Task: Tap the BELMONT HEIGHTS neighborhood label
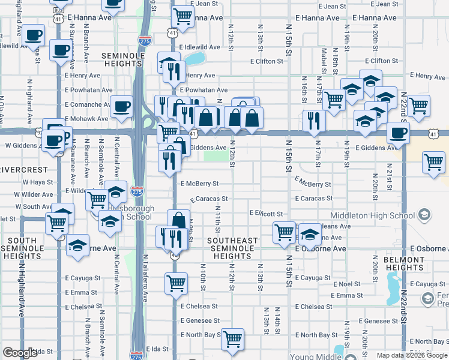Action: [404, 263]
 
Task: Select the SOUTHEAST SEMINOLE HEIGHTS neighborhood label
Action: [232, 248]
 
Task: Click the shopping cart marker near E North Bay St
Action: [232, 339]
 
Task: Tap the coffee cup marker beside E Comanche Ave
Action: [122, 106]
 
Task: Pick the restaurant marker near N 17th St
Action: [313, 120]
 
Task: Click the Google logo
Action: [20, 353]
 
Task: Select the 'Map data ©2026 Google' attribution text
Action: [411, 355]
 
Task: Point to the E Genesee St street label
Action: [200, 321]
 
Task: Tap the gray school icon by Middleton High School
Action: [424, 215]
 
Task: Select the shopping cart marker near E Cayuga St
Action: [176, 283]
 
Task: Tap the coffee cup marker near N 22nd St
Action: [397, 133]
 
